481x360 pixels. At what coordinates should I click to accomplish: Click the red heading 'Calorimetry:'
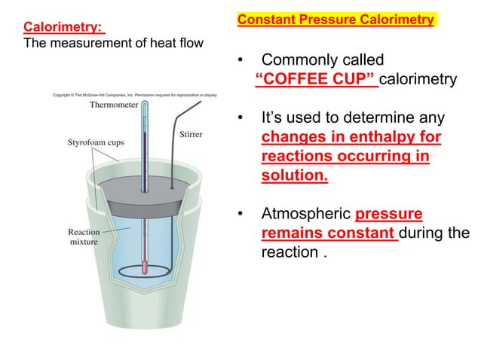pyautogui.click(x=63, y=28)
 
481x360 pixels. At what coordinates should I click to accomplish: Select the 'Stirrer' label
pyautogui.click(x=191, y=134)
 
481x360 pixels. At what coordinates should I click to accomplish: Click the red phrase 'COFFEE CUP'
pyautogui.click(x=316, y=80)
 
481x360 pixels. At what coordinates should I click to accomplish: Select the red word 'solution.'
pyautogui.click(x=295, y=175)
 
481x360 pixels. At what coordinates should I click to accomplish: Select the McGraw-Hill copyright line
pyautogui.click(x=135, y=95)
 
